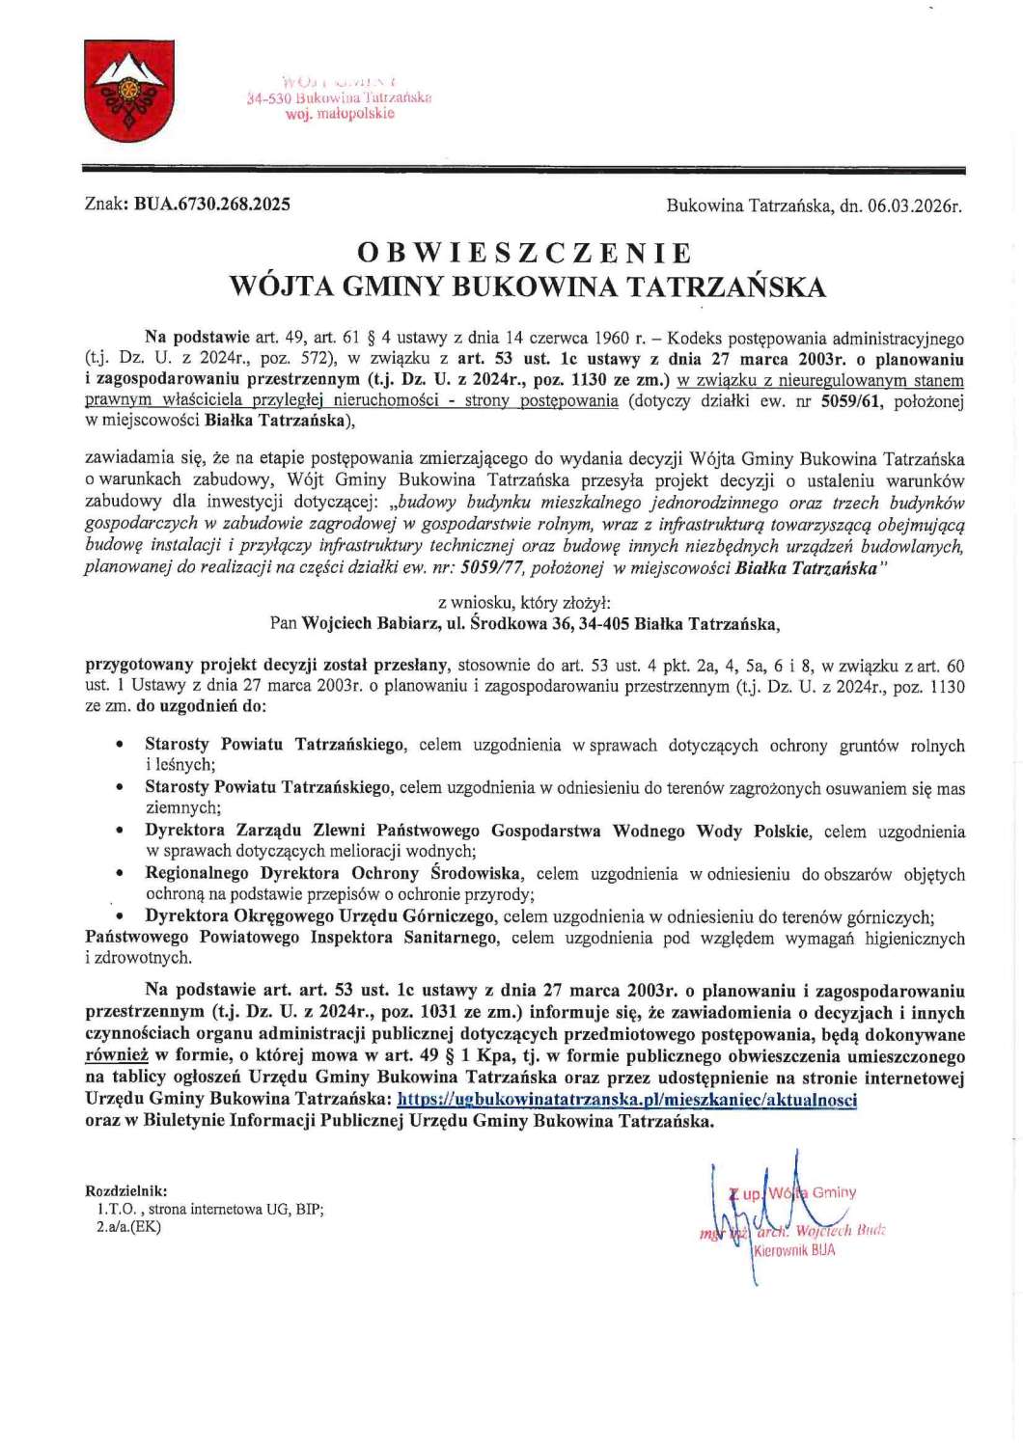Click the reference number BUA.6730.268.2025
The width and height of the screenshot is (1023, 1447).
[x=211, y=205]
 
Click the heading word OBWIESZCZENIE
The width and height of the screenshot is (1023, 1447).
[x=525, y=253]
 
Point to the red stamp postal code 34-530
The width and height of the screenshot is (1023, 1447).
[x=269, y=97]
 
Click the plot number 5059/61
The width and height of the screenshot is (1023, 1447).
[x=850, y=401]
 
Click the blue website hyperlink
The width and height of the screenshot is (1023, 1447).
[x=626, y=1100]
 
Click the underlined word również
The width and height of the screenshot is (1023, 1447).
[x=117, y=1056]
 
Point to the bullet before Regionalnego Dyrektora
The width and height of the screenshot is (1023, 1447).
[x=120, y=874]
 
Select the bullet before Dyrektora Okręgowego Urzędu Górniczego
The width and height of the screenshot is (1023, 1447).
[x=120, y=916]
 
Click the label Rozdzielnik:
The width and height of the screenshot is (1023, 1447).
[x=126, y=1191]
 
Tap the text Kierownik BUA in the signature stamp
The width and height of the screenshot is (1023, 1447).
[x=794, y=1250]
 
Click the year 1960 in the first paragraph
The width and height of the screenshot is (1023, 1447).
[x=612, y=338]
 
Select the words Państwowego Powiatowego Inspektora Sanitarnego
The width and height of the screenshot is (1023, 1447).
[x=292, y=938]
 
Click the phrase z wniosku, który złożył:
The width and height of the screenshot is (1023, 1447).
[x=524, y=603]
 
